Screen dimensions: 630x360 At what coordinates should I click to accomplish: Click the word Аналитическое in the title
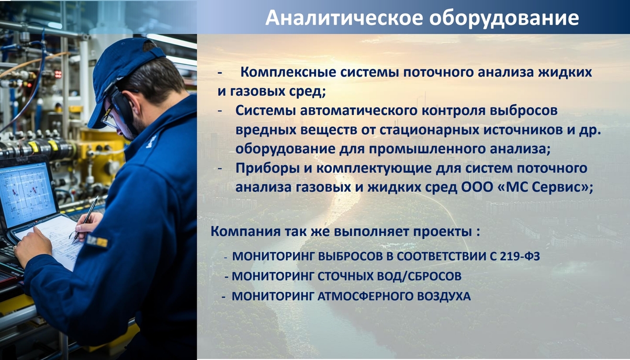[344, 17]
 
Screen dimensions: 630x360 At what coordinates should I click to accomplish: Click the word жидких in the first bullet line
[565, 72]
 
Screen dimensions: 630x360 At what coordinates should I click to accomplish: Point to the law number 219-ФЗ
[520, 256]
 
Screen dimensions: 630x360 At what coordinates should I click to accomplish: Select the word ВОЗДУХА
[444, 297]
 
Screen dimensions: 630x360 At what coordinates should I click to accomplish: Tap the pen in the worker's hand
[85, 219]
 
